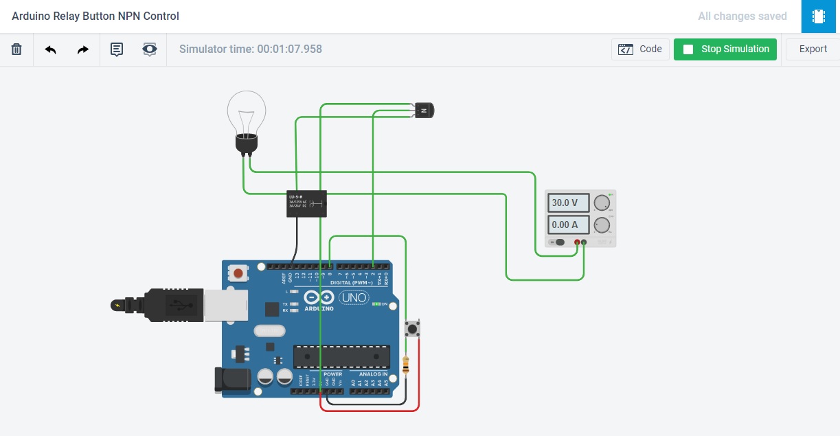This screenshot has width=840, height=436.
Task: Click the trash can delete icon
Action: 16,49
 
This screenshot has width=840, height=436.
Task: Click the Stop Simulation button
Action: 725,49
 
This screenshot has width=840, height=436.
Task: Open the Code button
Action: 640,49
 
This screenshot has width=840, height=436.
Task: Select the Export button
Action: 813,49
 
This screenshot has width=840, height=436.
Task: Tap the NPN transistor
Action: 424,110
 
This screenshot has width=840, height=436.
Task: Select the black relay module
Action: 306,203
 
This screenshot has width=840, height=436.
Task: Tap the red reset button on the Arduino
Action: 238,273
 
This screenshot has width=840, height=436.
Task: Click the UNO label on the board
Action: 354,298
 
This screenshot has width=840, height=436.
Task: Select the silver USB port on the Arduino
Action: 220,305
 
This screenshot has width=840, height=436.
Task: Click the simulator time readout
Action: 251,49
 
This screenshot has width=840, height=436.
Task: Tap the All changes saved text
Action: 742,16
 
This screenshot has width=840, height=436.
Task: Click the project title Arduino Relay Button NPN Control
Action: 95,16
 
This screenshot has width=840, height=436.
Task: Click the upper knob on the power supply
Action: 602,203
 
